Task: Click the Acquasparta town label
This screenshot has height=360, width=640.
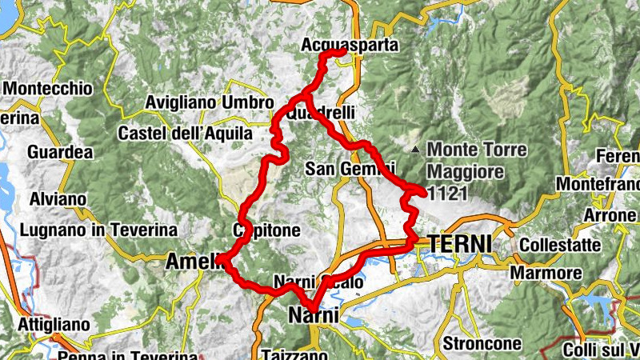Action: (x=350, y=46)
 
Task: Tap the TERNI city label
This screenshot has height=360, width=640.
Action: (x=460, y=242)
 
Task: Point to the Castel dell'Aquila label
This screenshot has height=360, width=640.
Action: (x=185, y=134)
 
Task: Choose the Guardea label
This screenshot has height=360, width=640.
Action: (x=60, y=152)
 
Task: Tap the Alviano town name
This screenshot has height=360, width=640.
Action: (x=58, y=199)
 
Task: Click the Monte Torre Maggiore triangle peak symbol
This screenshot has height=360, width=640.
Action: (x=414, y=150)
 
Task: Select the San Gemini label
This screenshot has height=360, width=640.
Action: (x=350, y=169)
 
